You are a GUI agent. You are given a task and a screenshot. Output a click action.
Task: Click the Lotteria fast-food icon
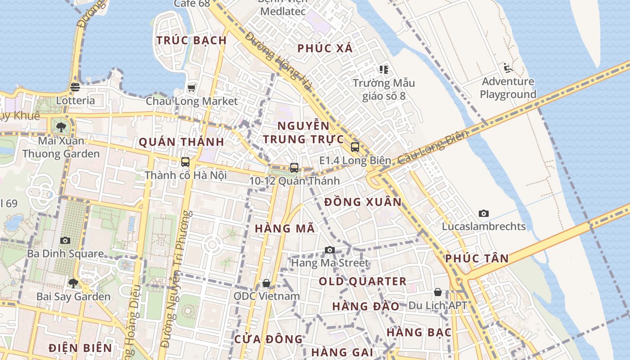[x=75, y=87]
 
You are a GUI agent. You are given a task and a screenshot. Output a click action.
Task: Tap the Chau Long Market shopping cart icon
[x=192, y=88]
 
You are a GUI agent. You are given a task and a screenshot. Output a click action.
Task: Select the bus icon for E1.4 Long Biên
[x=355, y=147]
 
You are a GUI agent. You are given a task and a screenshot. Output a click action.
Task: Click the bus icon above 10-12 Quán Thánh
[x=294, y=168]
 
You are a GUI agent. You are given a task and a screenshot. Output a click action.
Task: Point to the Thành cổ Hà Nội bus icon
[x=185, y=162]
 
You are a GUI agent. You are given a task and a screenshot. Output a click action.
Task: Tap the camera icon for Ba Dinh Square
[x=65, y=240]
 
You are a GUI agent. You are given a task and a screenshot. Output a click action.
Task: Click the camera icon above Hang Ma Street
[x=330, y=250]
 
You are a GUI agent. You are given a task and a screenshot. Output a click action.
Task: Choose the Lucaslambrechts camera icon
[x=484, y=213]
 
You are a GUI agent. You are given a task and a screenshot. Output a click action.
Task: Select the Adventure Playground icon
[x=508, y=68]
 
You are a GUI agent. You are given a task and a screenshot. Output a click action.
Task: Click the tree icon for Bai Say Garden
[x=73, y=283]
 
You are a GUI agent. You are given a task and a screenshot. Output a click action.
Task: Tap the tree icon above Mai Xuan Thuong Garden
[x=61, y=127]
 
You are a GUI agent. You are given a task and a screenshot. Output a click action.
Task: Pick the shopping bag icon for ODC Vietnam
[x=266, y=283]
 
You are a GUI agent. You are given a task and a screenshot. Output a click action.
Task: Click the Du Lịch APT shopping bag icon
[x=437, y=292]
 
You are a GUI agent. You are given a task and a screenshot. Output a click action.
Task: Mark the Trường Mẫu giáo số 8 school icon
[x=383, y=69]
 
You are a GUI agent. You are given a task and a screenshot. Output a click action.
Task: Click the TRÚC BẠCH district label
[x=192, y=40]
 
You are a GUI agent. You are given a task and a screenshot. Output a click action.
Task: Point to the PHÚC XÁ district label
[x=325, y=48]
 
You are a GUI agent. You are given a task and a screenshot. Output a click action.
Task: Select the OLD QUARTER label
[x=363, y=282]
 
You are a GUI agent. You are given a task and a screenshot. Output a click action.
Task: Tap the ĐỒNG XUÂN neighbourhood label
[x=363, y=202]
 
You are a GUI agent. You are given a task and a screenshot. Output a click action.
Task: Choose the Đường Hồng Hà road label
[x=279, y=61]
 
